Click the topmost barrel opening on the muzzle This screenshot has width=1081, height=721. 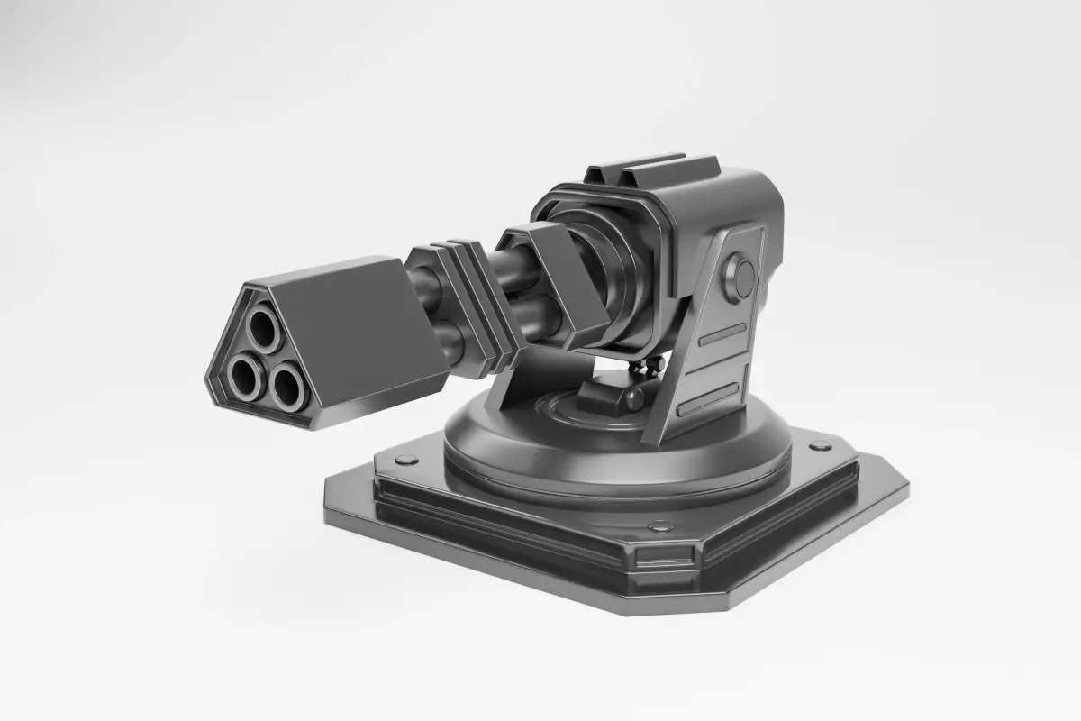[262, 330]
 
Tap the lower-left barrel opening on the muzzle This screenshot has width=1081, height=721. [242, 374]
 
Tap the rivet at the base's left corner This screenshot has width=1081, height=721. [407, 460]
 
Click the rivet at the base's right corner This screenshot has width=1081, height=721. [820, 446]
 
